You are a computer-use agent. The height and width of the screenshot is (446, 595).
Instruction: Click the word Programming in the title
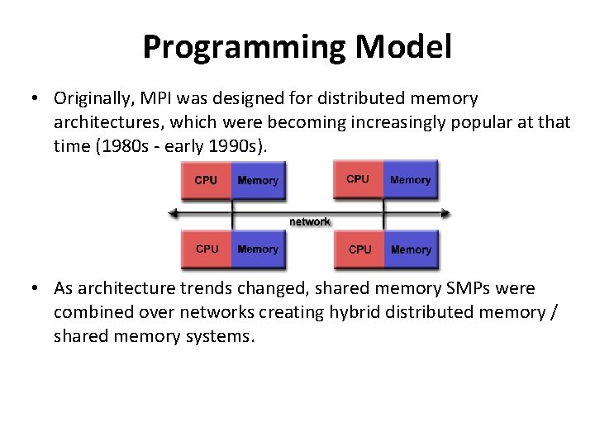(245, 47)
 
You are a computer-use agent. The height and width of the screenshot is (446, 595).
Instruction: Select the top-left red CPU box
(207, 180)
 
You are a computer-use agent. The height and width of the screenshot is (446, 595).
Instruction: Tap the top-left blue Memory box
(258, 180)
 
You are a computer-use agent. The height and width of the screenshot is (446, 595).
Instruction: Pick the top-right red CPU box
(359, 179)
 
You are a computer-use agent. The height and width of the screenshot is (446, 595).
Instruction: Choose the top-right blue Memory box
(411, 179)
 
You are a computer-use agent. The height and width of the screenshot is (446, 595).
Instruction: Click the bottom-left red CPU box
(207, 249)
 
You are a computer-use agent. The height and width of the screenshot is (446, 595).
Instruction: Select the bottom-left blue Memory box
(258, 249)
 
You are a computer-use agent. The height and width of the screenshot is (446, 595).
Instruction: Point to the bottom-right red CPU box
(359, 249)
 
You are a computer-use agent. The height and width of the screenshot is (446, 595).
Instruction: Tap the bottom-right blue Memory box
(411, 249)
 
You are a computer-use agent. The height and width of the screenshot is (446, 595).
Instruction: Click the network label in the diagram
(310, 221)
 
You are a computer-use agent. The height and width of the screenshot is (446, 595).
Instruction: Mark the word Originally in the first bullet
(92, 99)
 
